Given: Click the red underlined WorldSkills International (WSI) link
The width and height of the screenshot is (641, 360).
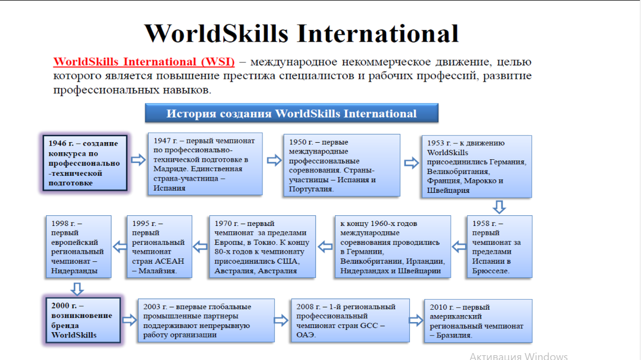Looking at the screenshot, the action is click(x=144, y=62).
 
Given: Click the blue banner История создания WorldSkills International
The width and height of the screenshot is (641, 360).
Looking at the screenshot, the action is click(x=292, y=113).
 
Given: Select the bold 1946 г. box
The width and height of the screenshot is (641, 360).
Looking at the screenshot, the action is click(x=85, y=163).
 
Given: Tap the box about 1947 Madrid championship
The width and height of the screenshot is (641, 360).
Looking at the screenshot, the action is click(x=205, y=164).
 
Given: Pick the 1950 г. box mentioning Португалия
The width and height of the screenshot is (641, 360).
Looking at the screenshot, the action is click(x=342, y=166).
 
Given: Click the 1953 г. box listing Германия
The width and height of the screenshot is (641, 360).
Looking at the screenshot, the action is click(x=476, y=167).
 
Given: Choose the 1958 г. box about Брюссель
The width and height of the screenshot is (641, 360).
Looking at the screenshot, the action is click(x=499, y=247).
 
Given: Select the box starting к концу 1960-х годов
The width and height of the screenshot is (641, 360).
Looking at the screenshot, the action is click(x=393, y=247).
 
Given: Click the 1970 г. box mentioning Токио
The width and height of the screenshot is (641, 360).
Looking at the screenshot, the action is click(x=262, y=247).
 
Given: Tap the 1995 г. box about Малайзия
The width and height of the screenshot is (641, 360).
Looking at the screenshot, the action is click(x=159, y=247).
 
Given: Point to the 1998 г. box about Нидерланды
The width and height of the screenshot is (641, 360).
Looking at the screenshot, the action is click(x=79, y=247).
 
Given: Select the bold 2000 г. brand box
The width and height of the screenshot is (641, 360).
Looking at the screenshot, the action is click(x=83, y=320).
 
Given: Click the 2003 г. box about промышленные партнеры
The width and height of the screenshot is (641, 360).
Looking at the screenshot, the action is click(x=206, y=320).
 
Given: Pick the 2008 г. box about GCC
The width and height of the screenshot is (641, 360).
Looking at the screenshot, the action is click(x=350, y=320).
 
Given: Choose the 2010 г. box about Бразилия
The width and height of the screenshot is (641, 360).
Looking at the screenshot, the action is click(x=478, y=321).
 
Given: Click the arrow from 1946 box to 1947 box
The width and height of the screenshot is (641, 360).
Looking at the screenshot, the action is click(x=138, y=160).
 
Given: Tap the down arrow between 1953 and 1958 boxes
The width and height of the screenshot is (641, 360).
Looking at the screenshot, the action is click(x=499, y=207).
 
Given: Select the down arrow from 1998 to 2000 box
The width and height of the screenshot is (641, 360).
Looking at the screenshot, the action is click(x=77, y=289).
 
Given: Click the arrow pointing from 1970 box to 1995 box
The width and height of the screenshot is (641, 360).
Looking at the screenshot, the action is click(x=200, y=247).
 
